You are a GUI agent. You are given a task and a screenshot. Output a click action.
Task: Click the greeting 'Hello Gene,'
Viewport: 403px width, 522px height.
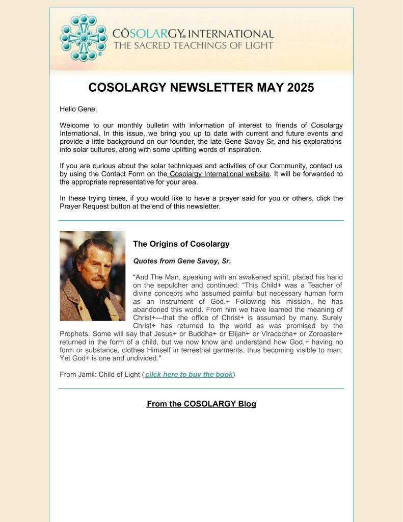coord(78,109)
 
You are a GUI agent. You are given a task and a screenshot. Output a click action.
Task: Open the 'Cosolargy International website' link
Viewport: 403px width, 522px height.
coord(219,174)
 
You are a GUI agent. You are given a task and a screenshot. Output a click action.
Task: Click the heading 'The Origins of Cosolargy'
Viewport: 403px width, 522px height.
coord(181,244)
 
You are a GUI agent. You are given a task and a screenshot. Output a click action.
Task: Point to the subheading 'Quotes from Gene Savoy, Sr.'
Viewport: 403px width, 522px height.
coord(182,260)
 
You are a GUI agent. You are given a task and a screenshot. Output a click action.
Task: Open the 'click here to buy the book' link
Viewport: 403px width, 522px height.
coord(189,374)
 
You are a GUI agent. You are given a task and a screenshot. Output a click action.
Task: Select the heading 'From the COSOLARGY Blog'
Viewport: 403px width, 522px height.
coord(201,404)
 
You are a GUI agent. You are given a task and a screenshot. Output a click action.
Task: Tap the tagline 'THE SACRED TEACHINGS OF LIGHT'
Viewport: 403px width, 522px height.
coord(193,45)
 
